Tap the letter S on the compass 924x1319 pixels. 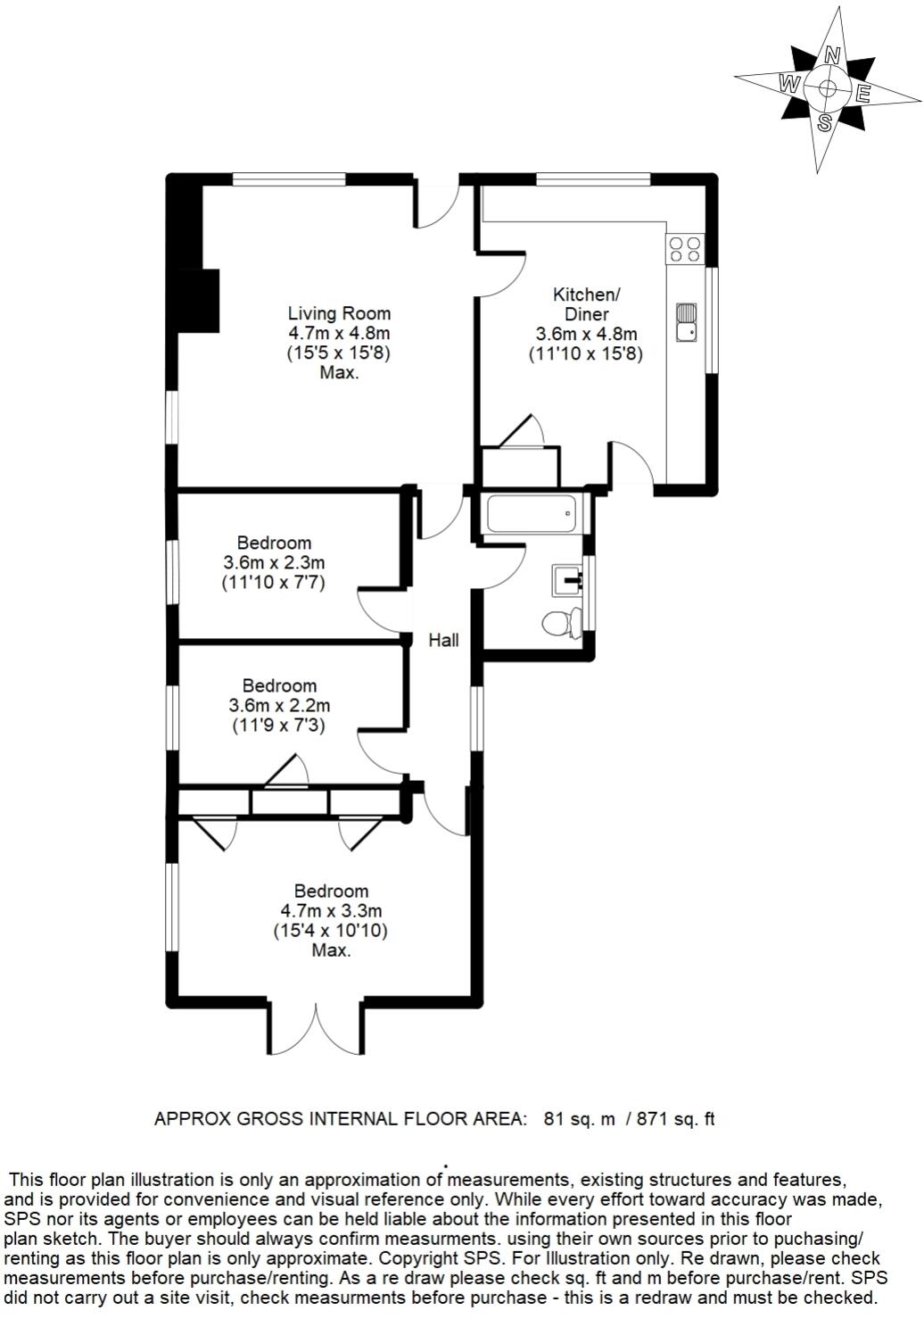(826, 122)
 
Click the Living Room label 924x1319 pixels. (339, 313)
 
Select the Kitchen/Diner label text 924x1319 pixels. (586, 304)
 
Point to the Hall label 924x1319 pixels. (443, 640)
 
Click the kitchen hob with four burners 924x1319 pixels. (685, 248)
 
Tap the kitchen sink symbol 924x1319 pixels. (686, 322)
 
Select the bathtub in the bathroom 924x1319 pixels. (532, 514)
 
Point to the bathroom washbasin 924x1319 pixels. (567, 579)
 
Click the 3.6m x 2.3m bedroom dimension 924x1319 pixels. (274, 563)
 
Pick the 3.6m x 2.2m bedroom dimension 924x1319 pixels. (279, 706)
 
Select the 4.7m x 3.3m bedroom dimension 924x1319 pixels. (331, 911)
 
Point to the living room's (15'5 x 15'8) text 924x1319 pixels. (339, 353)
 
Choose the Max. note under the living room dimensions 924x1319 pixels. (339, 373)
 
